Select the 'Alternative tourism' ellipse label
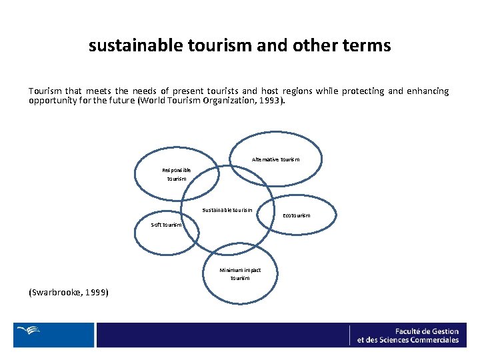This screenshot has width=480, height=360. pos(276,159)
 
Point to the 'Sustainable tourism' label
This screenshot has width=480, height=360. pos(227,210)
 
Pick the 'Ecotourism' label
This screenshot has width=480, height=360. pos(297,215)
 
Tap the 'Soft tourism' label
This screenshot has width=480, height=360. pos(165,225)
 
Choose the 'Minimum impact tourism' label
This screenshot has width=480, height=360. pos(240,274)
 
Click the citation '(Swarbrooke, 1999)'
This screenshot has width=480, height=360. pos(69,293)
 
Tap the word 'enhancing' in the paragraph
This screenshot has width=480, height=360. pos(428,91)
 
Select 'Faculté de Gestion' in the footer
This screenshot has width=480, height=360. pos(427,331)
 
